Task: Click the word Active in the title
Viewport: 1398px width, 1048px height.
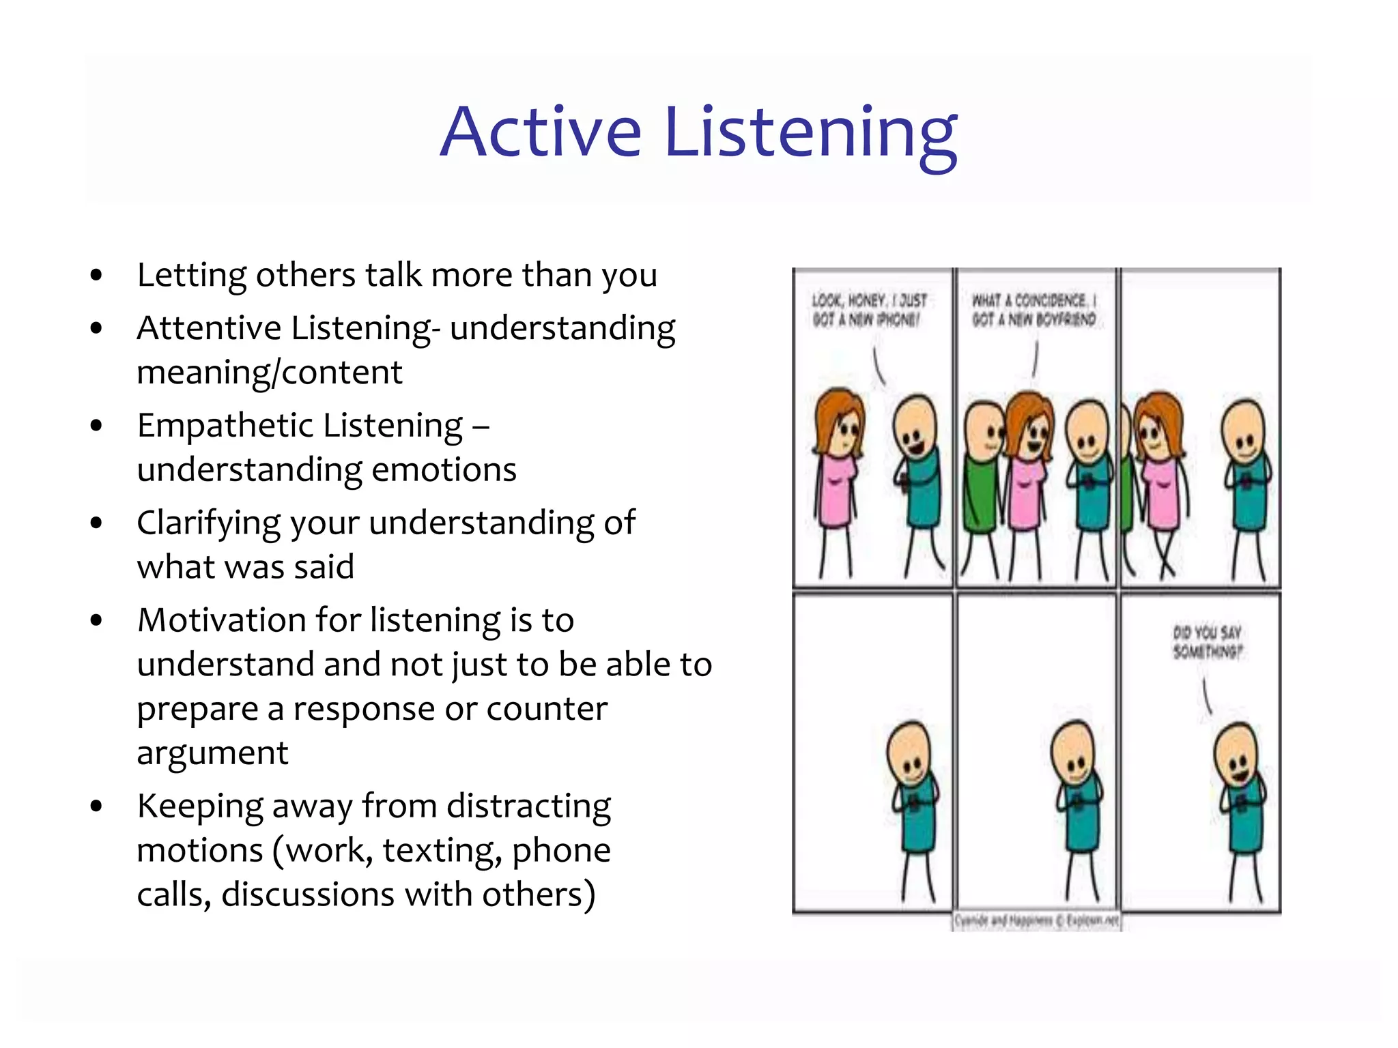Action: pyautogui.click(x=540, y=132)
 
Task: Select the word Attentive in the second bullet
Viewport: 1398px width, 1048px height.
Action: pyautogui.click(x=208, y=328)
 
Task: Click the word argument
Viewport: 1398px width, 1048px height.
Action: pyautogui.click(x=212, y=753)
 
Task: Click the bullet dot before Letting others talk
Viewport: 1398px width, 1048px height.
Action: pyautogui.click(x=96, y=275)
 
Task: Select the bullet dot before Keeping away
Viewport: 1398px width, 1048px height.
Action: pyautogui.click(x=96, y=806)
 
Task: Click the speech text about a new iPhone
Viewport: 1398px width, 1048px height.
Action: pyautogui.click(x=868, y=310)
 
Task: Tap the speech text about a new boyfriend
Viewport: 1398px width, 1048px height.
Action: pyautogui.click(x=1033, y=310)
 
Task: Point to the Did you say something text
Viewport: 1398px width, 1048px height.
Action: pyautogui.click(x=1207, y=641)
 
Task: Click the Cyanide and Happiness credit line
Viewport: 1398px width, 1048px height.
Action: pyautogui.click(x=1036, y=921)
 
